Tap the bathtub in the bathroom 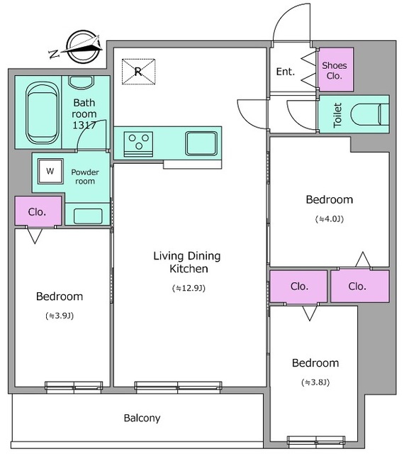click(43, 113)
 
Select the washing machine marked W click(50, 171)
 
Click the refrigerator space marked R click(138, 72)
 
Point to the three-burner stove click(138, 144)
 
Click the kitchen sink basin click(201, 143)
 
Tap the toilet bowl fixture click(370, 114)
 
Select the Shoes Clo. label click(335, 71)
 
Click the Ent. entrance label click(286, 72)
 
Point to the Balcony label click(142, 418)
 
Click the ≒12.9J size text click(189, 288)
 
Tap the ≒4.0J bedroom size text click(330, 219)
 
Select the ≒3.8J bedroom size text click(315, 382)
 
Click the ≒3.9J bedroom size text click(60, 316)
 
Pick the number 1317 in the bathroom click(84, 125)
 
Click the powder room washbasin click(88, 216)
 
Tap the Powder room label click(85, 177)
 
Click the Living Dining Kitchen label click(187, 262)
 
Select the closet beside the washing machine click(38, 211)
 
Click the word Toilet click(337, 115)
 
